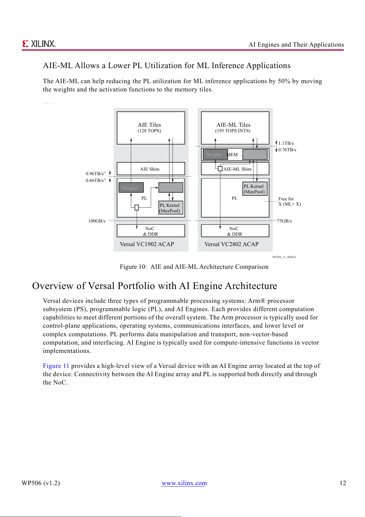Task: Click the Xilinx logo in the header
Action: [39, 44]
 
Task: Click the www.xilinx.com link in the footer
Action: [184, 483]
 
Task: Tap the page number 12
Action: [343, 483]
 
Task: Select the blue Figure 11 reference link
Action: [56, 366]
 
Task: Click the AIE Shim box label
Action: [150, 169]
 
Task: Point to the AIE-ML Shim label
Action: [238, 169]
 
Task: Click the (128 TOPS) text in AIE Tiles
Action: [149, 131]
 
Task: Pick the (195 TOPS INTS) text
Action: [233, 131]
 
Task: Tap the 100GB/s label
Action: [97, 221]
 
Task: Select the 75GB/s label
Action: [285, 221]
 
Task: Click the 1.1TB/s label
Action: [286, 143]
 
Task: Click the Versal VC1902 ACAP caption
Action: [147, 244]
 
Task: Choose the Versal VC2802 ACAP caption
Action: [231, 244]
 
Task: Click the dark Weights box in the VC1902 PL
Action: [131, 188]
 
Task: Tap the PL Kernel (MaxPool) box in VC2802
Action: [254, 189]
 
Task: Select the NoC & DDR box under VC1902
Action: [151, 231]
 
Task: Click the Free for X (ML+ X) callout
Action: [289, 202]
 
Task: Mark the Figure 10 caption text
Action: [194, 267]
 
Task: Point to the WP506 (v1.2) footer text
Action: [41, 483]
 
